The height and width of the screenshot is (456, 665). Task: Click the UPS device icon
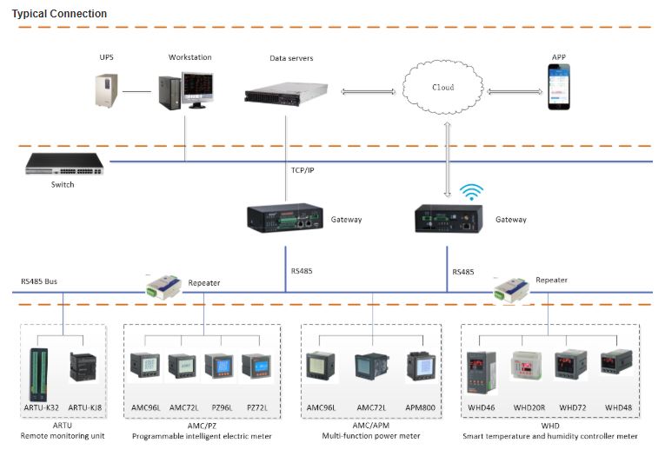[107, 89]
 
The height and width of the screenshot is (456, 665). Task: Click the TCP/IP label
[302, 170]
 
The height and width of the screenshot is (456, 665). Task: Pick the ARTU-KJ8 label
[84, 407]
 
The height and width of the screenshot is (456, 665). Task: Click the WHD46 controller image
[482, 369]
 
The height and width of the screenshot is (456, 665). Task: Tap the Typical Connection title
[59, 14]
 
